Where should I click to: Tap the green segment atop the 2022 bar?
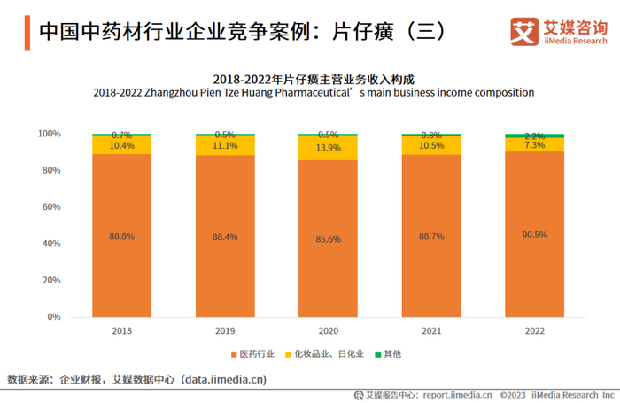(534, 136)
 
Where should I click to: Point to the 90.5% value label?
(534, 236)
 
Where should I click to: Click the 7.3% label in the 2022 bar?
(534, 144)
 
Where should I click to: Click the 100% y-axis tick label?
(49, 134)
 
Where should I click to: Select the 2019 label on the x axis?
(225, 330)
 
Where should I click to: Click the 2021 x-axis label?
(430, 330)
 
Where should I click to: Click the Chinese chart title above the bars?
(314, 78)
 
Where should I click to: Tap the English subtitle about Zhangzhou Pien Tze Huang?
(314, 92)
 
